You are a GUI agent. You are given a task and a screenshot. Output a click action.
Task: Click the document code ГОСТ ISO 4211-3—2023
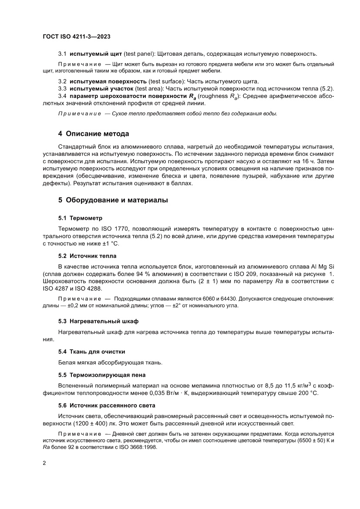pyautogui.click(x=76, y=37)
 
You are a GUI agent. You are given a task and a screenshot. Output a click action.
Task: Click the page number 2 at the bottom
pyautogui.click(x=45, y=463)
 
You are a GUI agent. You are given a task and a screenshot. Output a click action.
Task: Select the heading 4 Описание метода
pyautogui.click(x=94, y=133)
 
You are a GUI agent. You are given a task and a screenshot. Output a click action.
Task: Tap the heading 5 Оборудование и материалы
pyautogui.click(x=113, y=200)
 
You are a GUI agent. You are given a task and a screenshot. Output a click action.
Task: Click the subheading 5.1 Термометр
pyautogui.click(x=81, y=218)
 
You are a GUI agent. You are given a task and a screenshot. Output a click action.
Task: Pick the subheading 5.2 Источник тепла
pyautogui.click(x=87, y=256)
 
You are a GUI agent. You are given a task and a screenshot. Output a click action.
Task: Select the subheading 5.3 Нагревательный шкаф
pyautogui.click(x=98, y=321)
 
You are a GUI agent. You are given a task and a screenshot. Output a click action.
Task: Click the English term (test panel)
pyautogui.click(x=138, y=54)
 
